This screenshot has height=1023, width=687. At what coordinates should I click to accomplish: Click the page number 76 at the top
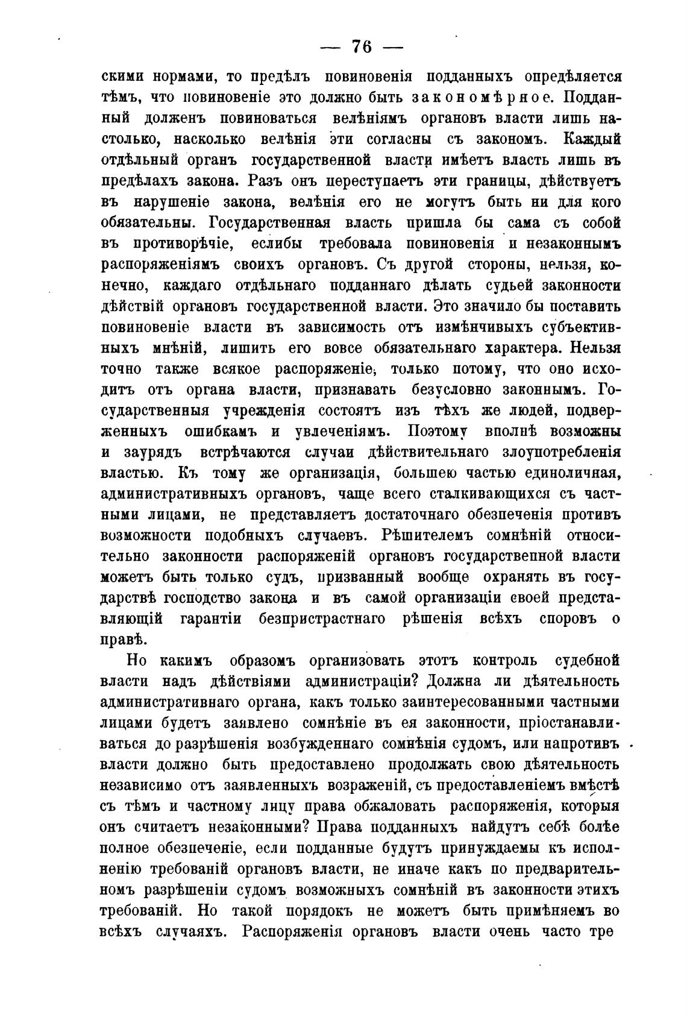pyautogui.click(x=361, y=47)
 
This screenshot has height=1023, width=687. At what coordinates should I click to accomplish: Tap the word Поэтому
pyautogui.click(x=438, y=432)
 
